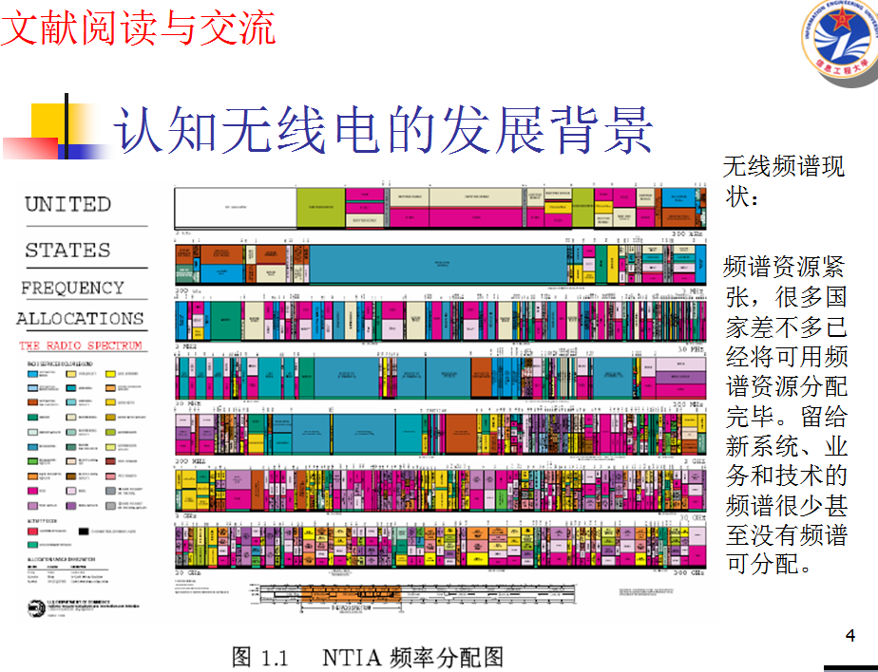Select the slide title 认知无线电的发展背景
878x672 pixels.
pyautogui.click(x=384, y=129)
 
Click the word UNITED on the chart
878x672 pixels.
pyautogui.click(x=67, y=204)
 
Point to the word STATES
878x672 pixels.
pyautogui.click(x=67, y=251)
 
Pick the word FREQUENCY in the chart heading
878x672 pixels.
pyautogui.click(x=72, y=288)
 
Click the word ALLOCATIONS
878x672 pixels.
pyautogui.click(x=80, y=319)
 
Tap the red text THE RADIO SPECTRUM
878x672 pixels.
pyautogui.click(x=81, y=345)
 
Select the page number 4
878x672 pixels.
pyautogui.click(x=850, y=635)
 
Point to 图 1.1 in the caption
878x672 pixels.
pyautogui.click(x=259, y=656)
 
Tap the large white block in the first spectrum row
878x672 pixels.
pyautogui.click(x=234, y=208)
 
